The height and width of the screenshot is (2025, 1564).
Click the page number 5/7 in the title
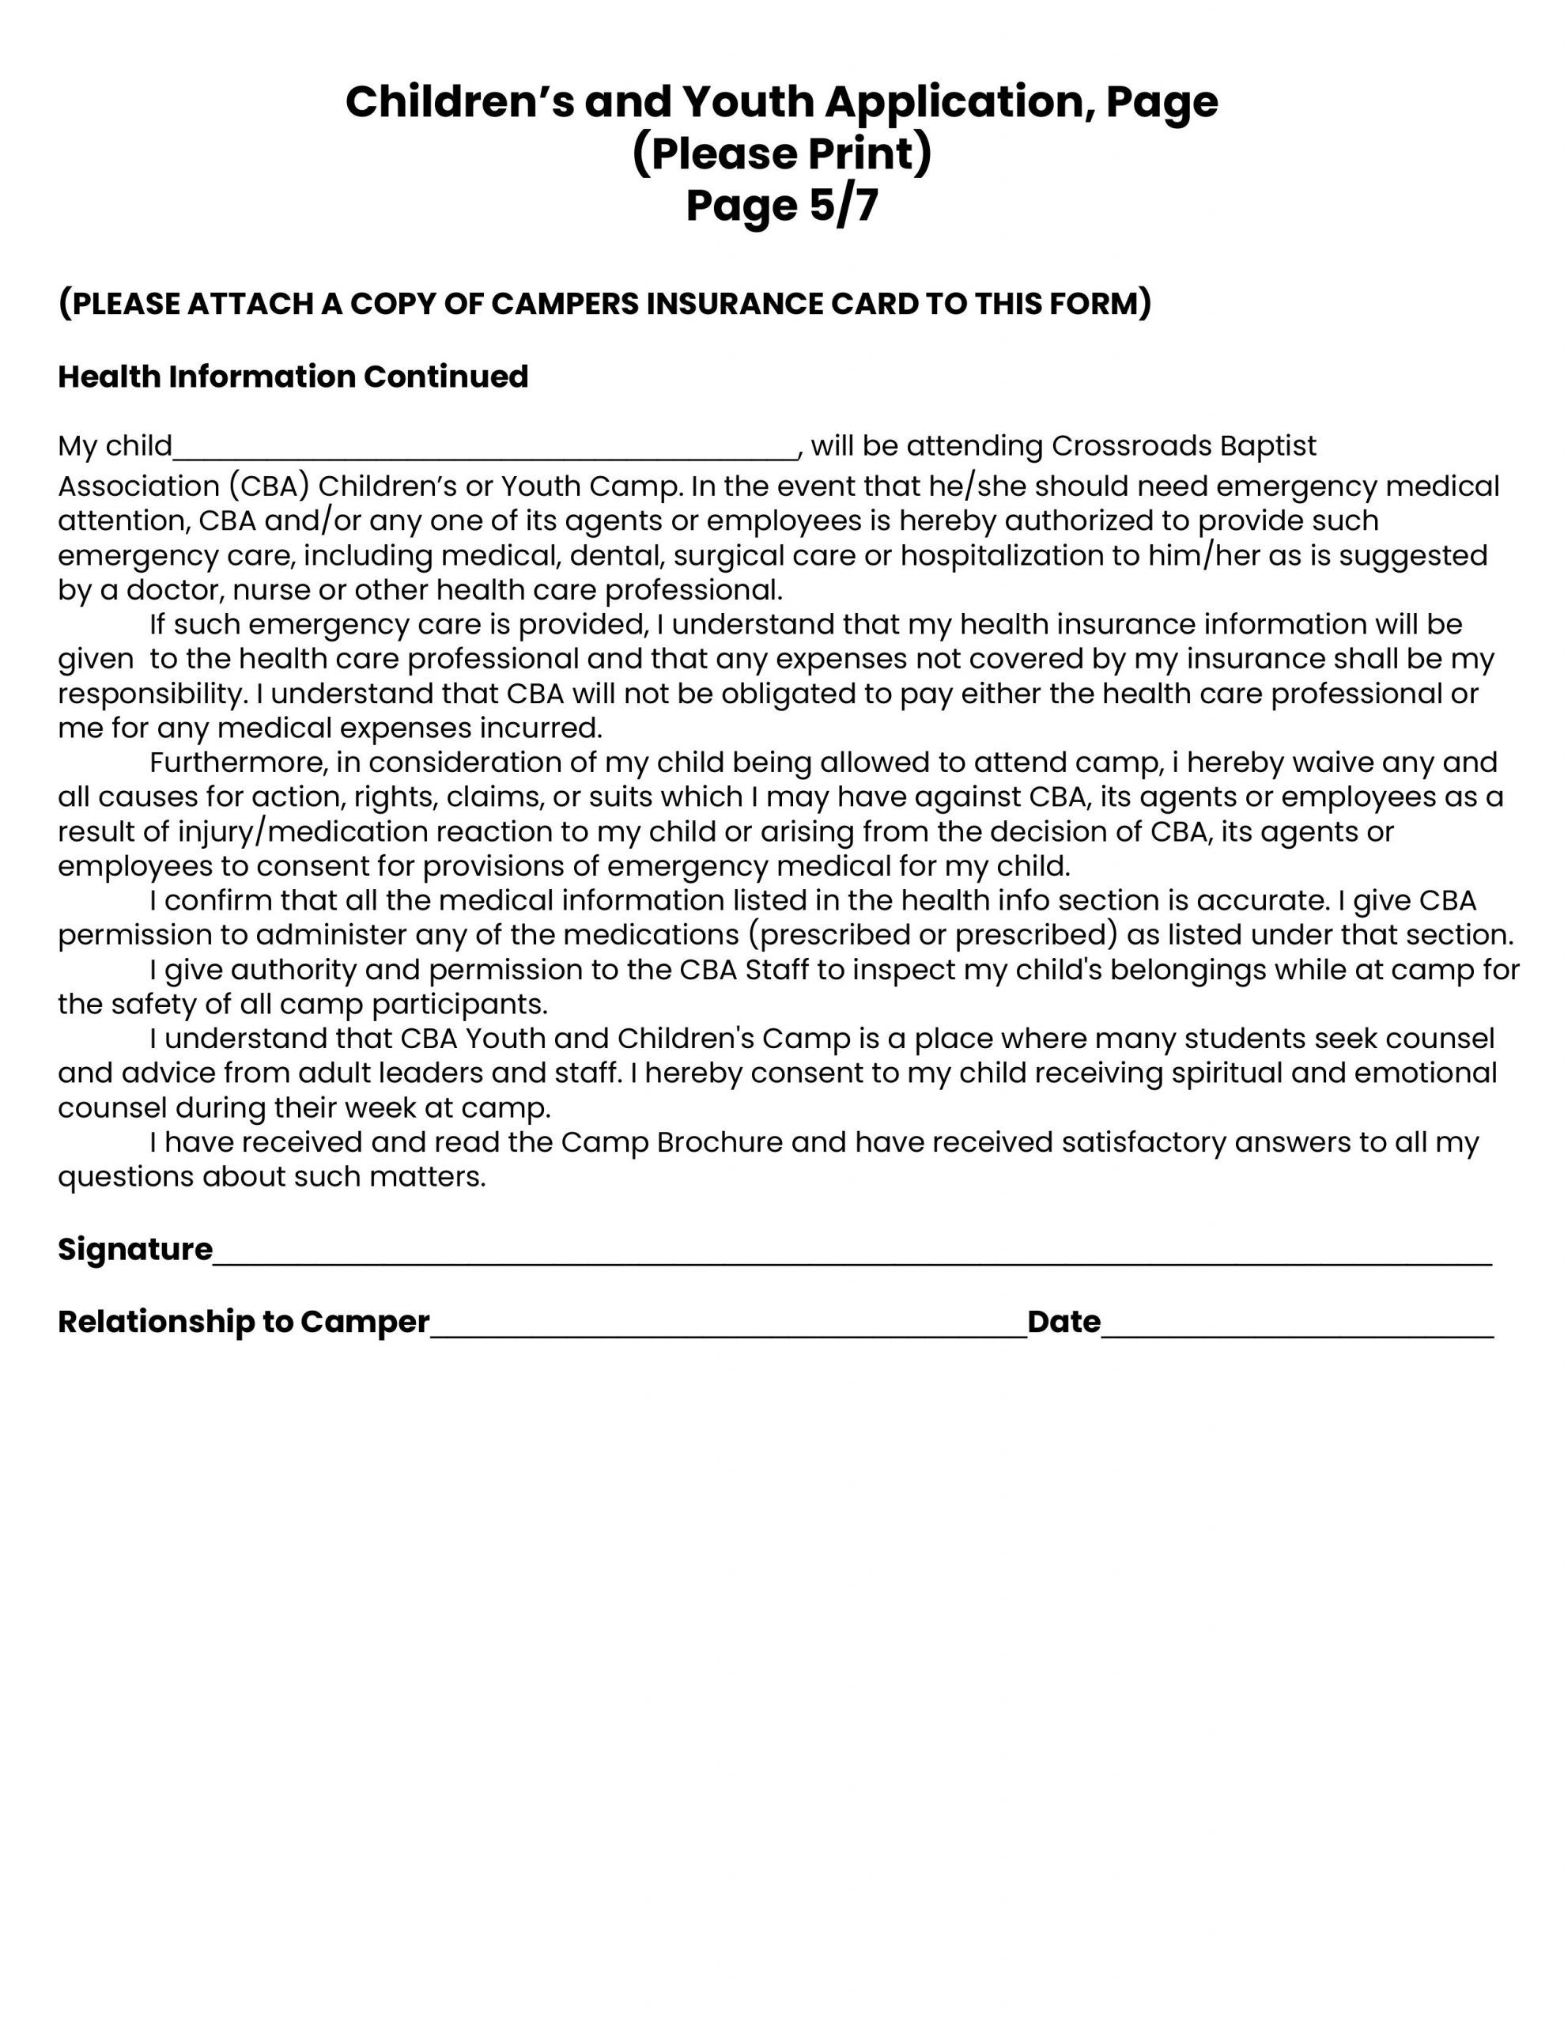tap(843, 205)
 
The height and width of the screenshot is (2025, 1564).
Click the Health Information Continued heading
tap(293, 377)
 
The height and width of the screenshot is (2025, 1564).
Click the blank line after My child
tap(485, 451)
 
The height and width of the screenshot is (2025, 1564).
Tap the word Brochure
tap(720, 1142)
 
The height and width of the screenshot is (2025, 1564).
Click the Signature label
tap(135, 1250)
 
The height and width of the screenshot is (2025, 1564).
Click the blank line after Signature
tap(851, 1255)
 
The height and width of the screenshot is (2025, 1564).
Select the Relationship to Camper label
tap(244, 1321)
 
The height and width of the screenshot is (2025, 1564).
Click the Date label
tap(1063, 1321)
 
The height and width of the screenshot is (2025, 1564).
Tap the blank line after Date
tap(1297, 1328)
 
